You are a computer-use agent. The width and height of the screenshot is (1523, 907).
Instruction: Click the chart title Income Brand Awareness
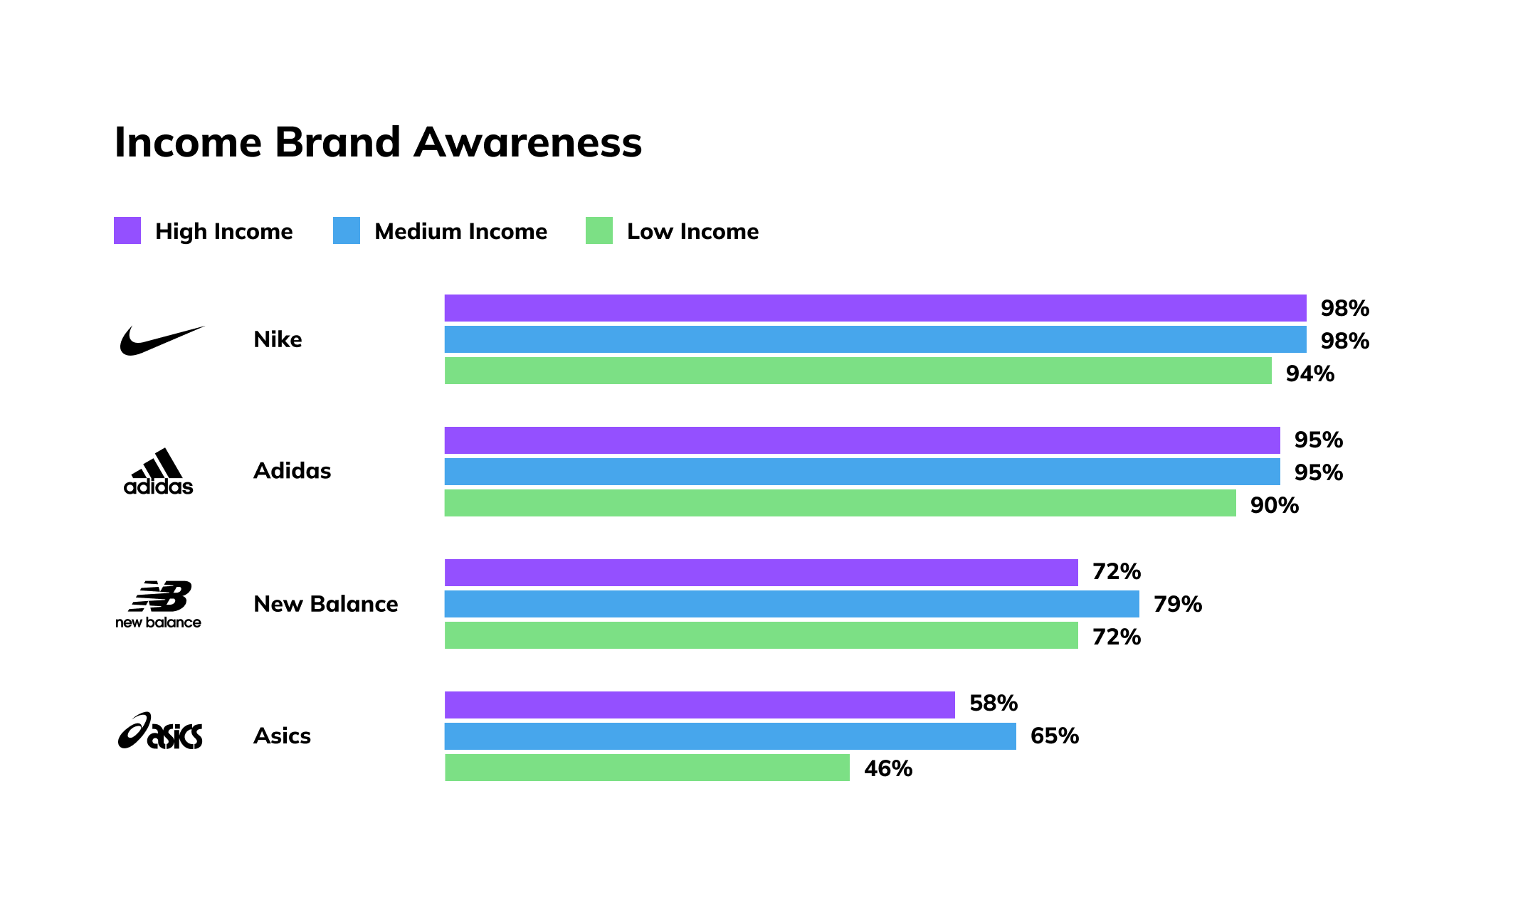(x=378, y=142)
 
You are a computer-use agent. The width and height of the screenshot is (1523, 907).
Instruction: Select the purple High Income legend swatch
(x=127, y=230)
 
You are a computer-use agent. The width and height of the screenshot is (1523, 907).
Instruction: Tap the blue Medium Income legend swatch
(x=347, y=230)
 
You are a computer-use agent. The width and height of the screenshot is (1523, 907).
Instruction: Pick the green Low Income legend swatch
(x=599, y=230)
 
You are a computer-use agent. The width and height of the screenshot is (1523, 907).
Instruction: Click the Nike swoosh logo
(x=162, y=340)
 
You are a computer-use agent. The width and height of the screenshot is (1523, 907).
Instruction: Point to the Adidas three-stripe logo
(x=158, y=471)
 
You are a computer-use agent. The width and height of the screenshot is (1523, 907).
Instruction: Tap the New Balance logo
(x=159, y=604)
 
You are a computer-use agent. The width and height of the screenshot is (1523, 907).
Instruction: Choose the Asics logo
(x=160, y=731)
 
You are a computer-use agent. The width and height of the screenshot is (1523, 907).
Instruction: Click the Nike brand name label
(x=278, y=339)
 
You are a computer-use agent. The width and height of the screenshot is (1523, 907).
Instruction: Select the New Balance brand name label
(x=326, y=604)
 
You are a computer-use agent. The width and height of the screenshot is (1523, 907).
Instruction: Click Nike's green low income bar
(x=858, y=371)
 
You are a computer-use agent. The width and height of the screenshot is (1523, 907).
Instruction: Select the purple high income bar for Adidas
(x=862, y=440)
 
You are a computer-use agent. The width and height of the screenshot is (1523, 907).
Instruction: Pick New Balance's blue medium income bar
(x=791, y=604)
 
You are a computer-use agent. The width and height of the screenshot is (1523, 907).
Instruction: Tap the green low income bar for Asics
(x=647, y=768)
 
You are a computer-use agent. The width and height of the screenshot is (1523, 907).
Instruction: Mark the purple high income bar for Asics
(x=700, y=705)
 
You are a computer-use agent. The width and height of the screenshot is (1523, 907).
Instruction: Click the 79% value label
(x=1178, y=604)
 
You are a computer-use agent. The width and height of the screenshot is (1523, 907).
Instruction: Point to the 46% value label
(x=888, y=768)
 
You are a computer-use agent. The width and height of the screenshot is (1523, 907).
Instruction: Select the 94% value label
(x=1309, y=373)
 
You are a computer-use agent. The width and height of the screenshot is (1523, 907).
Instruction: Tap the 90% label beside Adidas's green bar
(x=1274, y=505)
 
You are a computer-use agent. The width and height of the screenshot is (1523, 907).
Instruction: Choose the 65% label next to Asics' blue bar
(x=1055, y=736)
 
